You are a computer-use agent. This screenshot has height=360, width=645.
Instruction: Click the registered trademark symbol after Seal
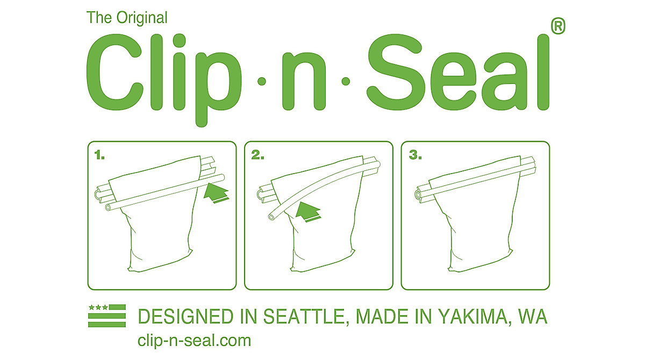[x=558, y=26]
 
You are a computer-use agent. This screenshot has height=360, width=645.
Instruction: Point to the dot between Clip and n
[x=262, y=82]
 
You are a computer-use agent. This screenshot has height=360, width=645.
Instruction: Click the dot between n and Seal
[x=346, y=82]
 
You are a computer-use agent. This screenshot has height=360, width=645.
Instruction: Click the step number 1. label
[x=99, y=155]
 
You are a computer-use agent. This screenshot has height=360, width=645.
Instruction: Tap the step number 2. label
[x=258, y=155]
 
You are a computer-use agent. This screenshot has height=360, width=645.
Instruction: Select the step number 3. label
[x=414, y=155]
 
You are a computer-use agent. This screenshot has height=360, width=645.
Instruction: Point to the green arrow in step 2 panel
[x=307, y=210]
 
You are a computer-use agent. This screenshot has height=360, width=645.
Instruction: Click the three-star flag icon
[x=106, y=315]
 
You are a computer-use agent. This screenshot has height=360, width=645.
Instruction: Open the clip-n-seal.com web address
[x=194, y=340]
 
